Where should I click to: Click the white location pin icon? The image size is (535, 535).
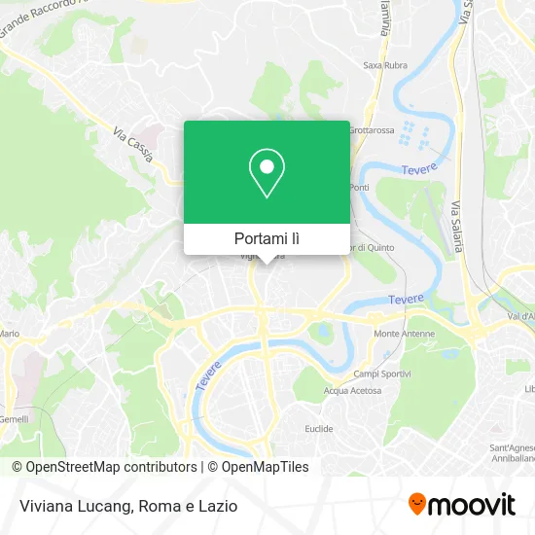point(267,174)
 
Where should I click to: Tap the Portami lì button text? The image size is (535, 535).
point(267,238)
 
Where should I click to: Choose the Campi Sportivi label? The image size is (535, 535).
point(379,374)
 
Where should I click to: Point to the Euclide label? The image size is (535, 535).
point(318,429)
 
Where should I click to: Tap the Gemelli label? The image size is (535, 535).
point(14,418)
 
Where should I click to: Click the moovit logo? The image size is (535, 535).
point(462,504)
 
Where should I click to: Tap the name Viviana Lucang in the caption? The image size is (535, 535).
point(73,505)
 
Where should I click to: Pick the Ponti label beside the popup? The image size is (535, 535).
point(359,187)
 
